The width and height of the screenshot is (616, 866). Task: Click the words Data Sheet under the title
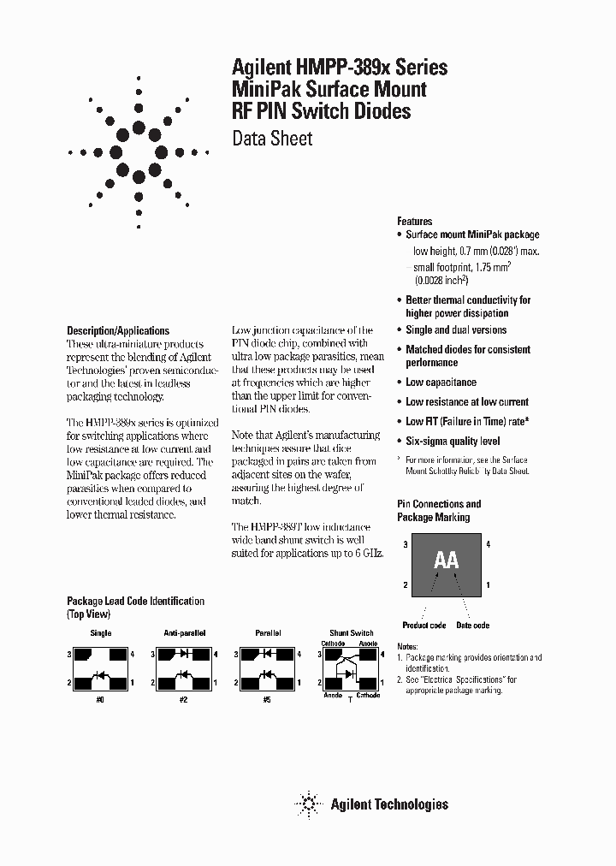pyautogui.click(x=273, y=139)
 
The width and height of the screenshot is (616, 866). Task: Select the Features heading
pyautogui.click(x=415, y=221)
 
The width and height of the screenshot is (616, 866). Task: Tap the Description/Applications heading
pyautogui.click(x=118, y=330)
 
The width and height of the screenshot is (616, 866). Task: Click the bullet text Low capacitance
pyautogui.click(x=441, y=383)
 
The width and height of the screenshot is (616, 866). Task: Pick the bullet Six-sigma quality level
pyautogui.click(x=453, y=442)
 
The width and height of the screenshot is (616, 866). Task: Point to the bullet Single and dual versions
pyautogui.click(x=456, y=330)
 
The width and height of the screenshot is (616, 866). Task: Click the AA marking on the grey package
pyautogui.click(x=446, y=561)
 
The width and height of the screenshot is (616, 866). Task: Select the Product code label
pyautogui.click(x=424, y=626)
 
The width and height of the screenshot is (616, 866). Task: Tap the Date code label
pyautogui.click(x=472, y=626)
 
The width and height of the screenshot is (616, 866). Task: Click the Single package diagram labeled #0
pyautogui.click(x=101, y=668)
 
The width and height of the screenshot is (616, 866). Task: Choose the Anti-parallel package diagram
pyautogui.click(x=183, y=668)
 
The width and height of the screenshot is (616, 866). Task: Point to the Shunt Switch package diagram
pyautogui.click(x=350, y=668)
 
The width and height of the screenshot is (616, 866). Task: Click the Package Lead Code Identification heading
pyautogui.click(x=135, y=602)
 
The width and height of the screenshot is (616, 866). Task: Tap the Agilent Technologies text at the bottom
pyautogui.click(x=389, y=804)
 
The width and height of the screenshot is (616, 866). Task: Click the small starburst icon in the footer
pyautogui.click(x=307, y=804)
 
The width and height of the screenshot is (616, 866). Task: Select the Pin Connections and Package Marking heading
pyautogui.click(x=439, y=510)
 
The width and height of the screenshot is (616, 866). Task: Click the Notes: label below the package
pyautogui.click(x=408, y=647)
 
